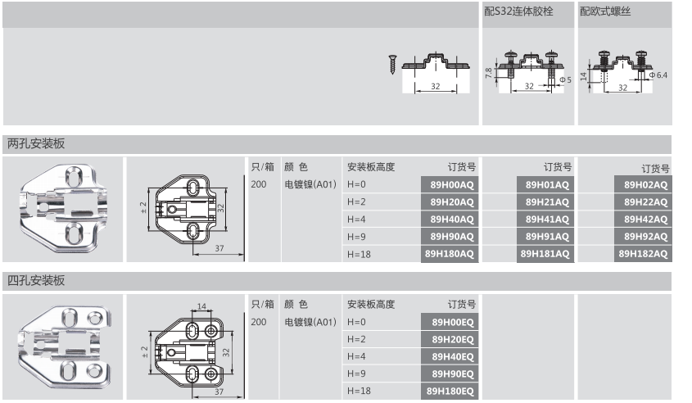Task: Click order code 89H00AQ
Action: (x=450, y=184)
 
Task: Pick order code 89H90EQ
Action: (x=450, y=374)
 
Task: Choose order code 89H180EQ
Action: (x=450, y=392)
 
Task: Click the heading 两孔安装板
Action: (x=36, y=143)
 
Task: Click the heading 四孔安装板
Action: (x=36, y=281)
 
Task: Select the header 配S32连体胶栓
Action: (x=518, y=13)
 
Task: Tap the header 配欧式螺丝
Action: (x=605, y=13)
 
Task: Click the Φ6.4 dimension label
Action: (x=658, y=75)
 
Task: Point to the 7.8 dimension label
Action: (x=489, y=73)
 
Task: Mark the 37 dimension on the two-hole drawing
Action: (x=220, y=247)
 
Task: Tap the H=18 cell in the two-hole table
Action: (x=360, y=255)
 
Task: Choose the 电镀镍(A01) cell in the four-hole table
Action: (x=310, y=322)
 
